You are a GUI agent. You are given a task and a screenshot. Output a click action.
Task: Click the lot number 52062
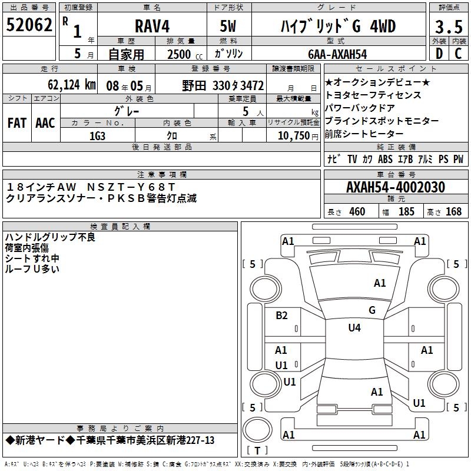click(x=29, y=25)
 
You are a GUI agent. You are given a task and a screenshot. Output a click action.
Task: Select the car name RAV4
click(x=152, y=26)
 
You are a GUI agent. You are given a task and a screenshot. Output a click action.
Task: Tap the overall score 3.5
click(x=449, y=26)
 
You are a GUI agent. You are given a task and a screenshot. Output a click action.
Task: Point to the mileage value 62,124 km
click(x=72, y=85)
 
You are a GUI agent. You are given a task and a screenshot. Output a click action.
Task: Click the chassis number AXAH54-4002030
click(x=396, y=187)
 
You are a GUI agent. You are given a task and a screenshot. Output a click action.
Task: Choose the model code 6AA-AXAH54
click(x=337, y=54)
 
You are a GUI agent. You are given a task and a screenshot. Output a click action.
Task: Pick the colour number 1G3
click(x=97, y=136)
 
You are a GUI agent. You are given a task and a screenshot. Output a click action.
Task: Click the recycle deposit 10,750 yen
click(x=298, y=136)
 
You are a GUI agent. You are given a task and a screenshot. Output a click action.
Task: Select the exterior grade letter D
click(x=439, y=54)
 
